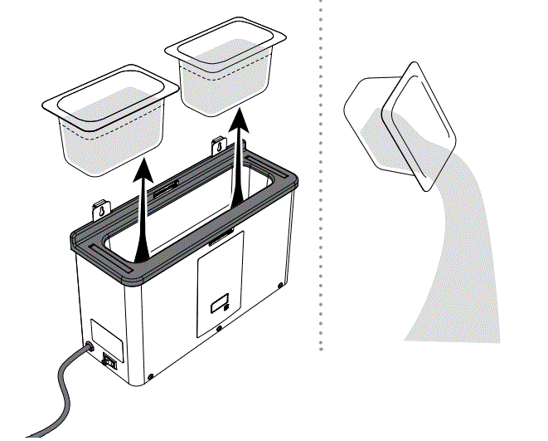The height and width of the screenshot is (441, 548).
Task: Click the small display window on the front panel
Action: pos(221,305)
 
